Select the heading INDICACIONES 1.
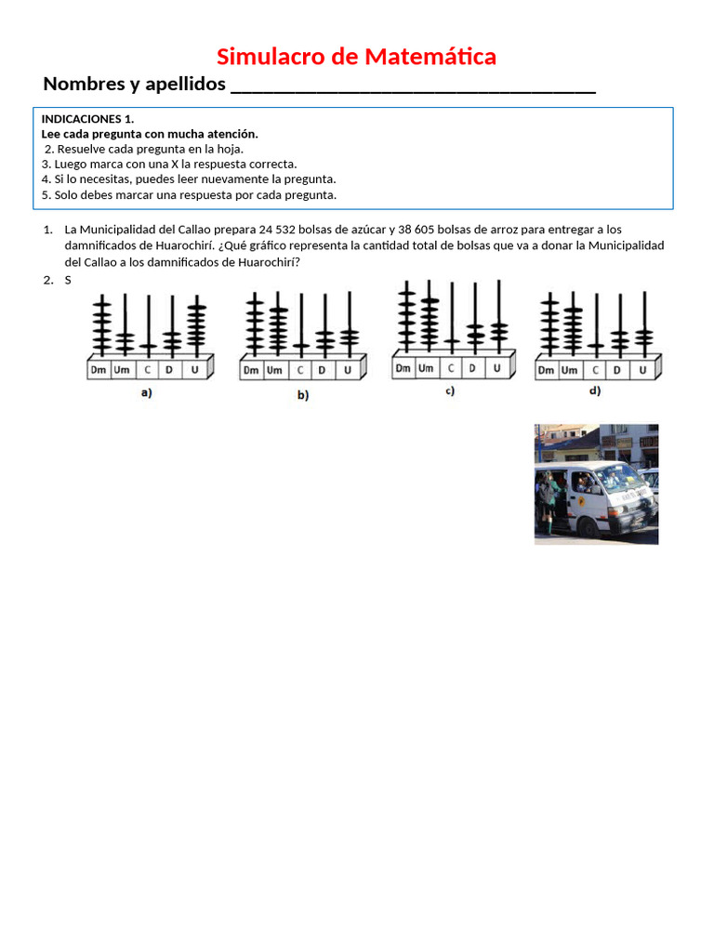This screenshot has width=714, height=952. pyautogui.click(x=87, y=119)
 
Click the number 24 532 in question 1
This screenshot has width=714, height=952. pyautogui.click(x=279, y=230)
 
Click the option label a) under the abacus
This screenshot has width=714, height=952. pyautogui.click(x=146, y=392)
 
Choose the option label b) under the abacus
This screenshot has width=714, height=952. pyautogui.click(x=302, y=394)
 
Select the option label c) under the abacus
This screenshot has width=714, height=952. pyautogui.click(x=449, y=391)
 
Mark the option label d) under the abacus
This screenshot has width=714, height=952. pyautogui.click(x=595, y=391)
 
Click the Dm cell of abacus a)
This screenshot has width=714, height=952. pyautogui.click(x=99, y=370)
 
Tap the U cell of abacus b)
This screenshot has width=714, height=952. pyautogui.click(x=348, y=370)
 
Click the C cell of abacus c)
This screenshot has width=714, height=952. pyautogui.click(x=450, y=368)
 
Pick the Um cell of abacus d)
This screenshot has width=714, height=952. pyautogui.click(x=572, y=370)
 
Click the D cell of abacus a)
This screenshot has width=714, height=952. pyautogui.click(x=169, y=370)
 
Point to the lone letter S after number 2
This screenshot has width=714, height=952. pyautogui.click(x=68, y=280)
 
